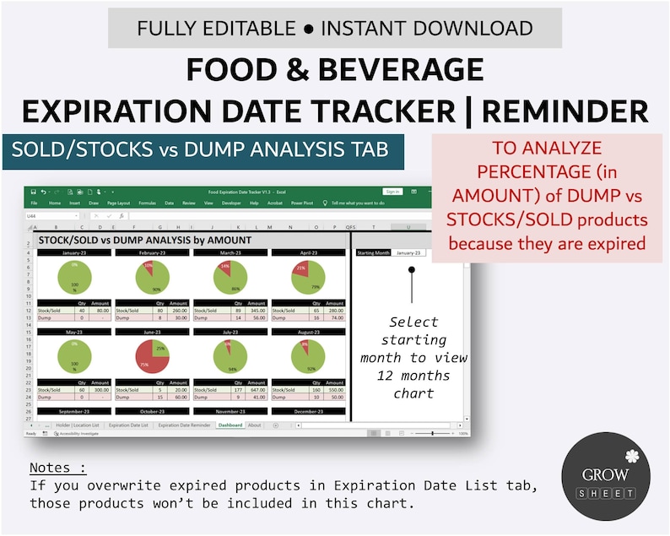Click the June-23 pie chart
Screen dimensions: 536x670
[x=153, y=355]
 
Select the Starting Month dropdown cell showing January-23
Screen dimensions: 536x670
[x=408, y=252]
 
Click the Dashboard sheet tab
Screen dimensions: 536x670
[x=230, y=425]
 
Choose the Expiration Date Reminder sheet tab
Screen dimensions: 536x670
[x=184, y=425]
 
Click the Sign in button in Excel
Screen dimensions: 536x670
[x=392, y=192]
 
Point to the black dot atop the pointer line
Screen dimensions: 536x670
[x=412, y=270]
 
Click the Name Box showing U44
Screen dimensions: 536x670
[x=38, y=216]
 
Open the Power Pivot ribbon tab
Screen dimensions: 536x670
[x=302, y=203]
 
